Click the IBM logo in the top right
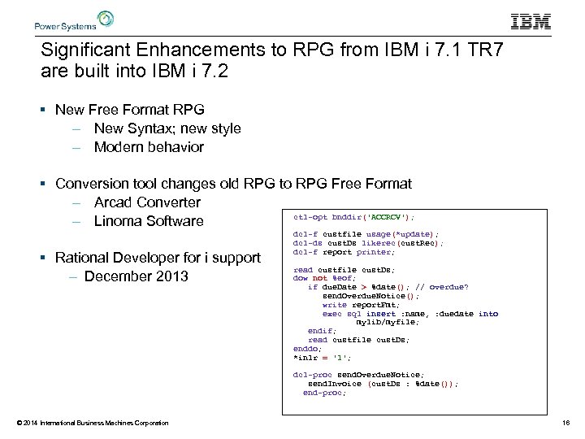531,21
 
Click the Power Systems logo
73,20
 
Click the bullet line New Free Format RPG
129,109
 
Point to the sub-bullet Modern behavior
149,147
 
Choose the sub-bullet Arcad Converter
147,202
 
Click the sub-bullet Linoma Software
149,221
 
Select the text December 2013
136,276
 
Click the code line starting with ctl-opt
353,217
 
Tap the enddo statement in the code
307,348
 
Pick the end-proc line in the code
323,393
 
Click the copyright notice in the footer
93,423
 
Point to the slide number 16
565,423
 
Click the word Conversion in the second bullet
91,184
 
